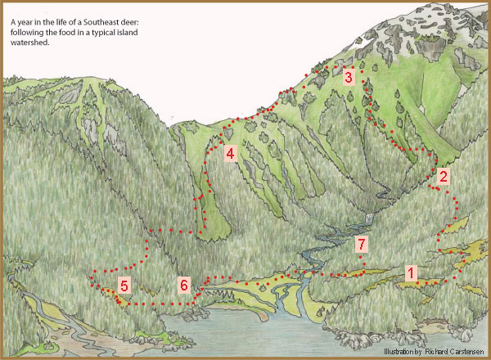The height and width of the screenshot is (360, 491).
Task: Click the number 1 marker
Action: click(412, 272)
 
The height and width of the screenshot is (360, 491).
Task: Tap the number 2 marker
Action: click(443, 176)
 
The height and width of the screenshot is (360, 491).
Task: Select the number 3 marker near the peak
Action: click(348, 78)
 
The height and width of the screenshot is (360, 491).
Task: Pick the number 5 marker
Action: click(124, 286)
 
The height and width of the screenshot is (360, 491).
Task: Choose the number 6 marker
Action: click(184, 285)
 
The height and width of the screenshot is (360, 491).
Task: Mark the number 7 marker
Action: click(361, 245)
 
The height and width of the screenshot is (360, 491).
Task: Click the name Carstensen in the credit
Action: click(460, 352)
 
